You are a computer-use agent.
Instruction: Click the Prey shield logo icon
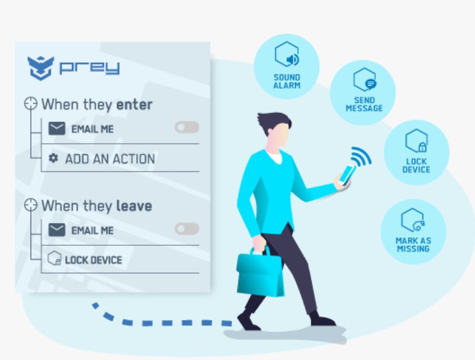click(x=40, y=68)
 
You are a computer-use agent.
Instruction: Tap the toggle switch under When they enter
click(x=187, y=127)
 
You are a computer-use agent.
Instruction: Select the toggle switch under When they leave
click(x=187, y=229)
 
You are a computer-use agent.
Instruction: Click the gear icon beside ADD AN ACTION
click(x=53, y=158)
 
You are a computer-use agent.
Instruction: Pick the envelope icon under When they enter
click(x=56, y=128)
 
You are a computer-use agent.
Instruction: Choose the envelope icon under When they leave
click(x=56, y=230)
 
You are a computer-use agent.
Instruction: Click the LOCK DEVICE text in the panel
click(x=93, y=260)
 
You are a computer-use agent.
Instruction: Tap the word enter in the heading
click(x=134, y=104)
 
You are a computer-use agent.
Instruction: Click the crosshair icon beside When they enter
click(x=31, y=104)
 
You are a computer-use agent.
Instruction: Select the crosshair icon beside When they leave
click(x=31, y=205)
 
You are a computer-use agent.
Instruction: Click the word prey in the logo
click(x=89, y=67)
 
